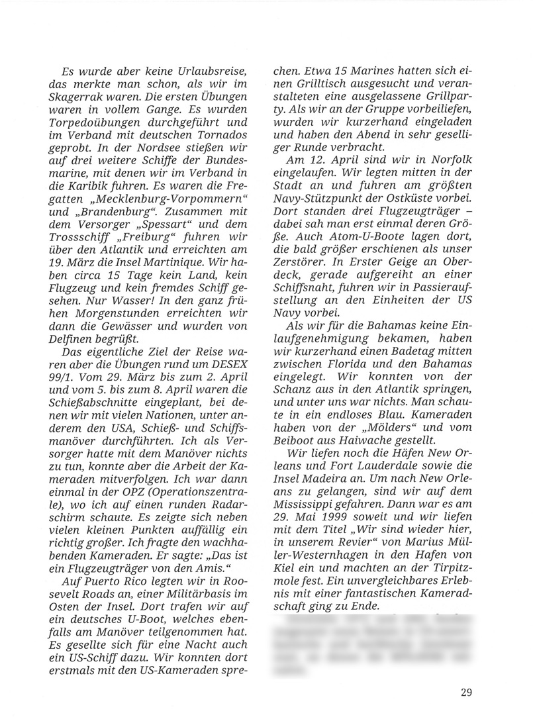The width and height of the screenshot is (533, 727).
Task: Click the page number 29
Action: [464, 694]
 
